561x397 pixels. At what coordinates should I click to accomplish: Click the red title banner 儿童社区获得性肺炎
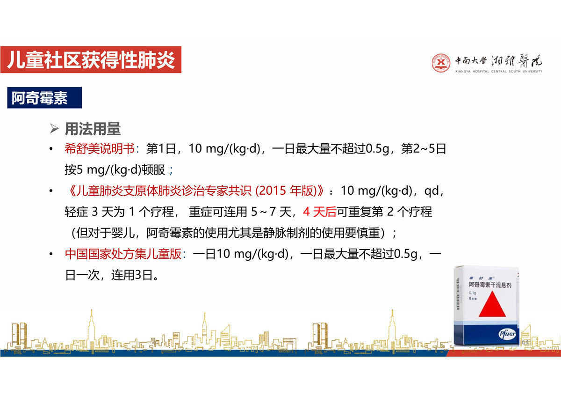click(91, 59)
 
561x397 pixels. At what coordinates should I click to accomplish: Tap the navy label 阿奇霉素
click(44, 98)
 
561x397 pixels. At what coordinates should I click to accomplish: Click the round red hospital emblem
click(441, 63)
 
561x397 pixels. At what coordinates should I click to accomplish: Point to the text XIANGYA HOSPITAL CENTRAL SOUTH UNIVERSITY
click(499, 72)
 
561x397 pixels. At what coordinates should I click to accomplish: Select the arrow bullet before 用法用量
click(54, 129)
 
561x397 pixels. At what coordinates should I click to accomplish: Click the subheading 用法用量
click(93, 129)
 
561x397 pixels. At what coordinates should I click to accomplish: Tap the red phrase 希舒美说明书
click(100, 149)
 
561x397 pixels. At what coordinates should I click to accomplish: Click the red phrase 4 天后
click(319, 212)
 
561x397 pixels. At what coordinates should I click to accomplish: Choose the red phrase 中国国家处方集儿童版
click(123, 254)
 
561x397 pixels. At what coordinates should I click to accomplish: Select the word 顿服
click(153, 170)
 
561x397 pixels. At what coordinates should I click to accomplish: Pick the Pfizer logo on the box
click(507, 334)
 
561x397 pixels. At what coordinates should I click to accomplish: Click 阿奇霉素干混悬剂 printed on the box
click(490, 285)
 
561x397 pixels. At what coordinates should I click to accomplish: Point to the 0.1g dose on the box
click(472, 293)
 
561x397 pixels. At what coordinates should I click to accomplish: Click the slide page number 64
click(525, 342)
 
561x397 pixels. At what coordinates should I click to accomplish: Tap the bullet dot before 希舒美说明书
click(51, 149)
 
